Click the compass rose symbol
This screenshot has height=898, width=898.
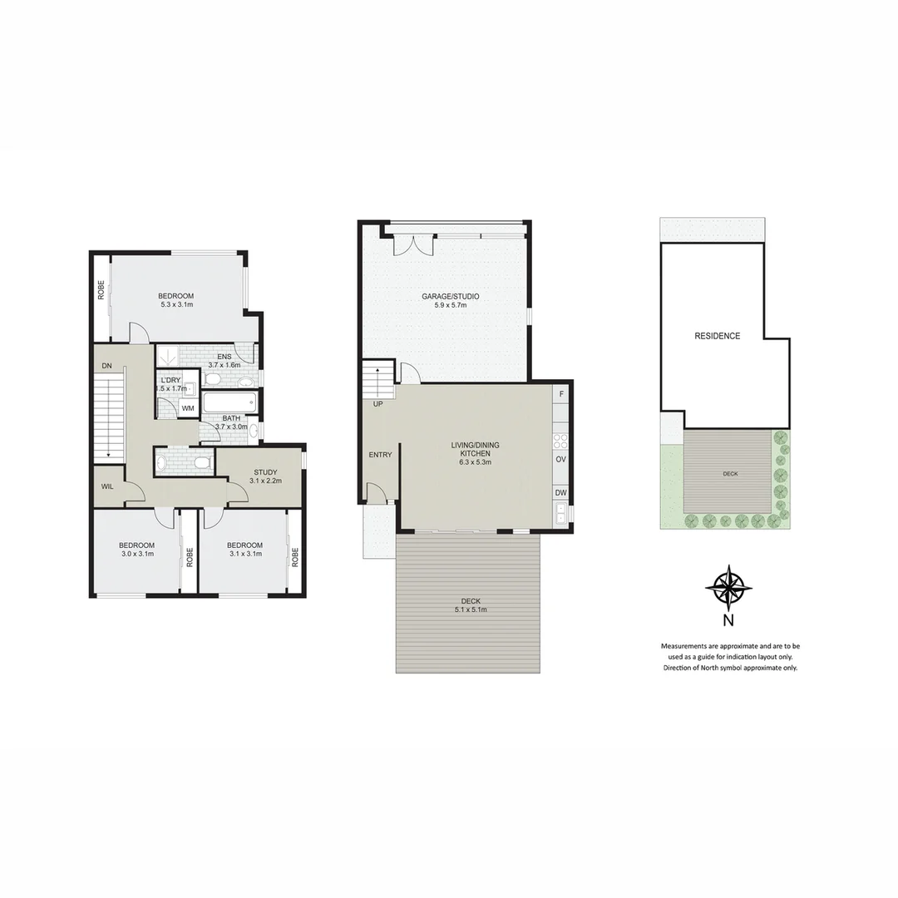728,588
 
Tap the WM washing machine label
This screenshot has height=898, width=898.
188,408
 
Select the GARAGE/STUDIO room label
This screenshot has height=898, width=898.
450,297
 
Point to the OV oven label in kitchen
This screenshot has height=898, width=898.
560,459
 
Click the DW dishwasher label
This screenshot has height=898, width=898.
560,492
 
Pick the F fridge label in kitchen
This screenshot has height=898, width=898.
561,394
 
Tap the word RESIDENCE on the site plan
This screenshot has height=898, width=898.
717,336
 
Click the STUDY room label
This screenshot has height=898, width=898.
265,472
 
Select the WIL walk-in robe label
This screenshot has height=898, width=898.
107,486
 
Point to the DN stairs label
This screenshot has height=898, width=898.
106,366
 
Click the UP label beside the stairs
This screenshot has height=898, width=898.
378,404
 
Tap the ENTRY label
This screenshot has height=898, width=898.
380,455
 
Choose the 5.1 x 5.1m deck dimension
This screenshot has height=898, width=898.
470,609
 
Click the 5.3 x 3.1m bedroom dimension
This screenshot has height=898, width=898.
176,305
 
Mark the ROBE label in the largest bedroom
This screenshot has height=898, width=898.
101,289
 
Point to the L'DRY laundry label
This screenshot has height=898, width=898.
172,380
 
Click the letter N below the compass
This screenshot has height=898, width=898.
728,619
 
